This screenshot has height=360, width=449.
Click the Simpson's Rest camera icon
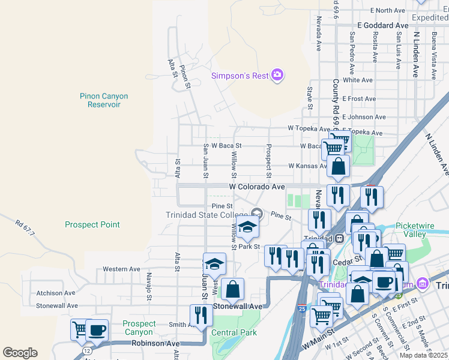point(277,75)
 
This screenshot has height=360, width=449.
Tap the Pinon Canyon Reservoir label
point(104,100)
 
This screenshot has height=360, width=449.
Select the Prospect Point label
point(92,224)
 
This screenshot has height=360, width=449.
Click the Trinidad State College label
point(207,215)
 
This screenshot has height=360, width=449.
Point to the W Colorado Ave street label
point(257,187)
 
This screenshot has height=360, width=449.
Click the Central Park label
point(234,332)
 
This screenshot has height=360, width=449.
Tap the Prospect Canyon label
point(139,328)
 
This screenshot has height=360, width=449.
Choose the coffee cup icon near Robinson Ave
point(97,330)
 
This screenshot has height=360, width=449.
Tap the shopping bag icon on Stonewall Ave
point(232,290)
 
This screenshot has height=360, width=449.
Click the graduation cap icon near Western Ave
point(214,264)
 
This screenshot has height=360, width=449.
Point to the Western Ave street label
point(121,269)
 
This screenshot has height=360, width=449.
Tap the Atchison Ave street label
point(56,293)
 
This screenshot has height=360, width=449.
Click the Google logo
point(20,353)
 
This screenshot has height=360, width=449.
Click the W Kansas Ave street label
point(306,166)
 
